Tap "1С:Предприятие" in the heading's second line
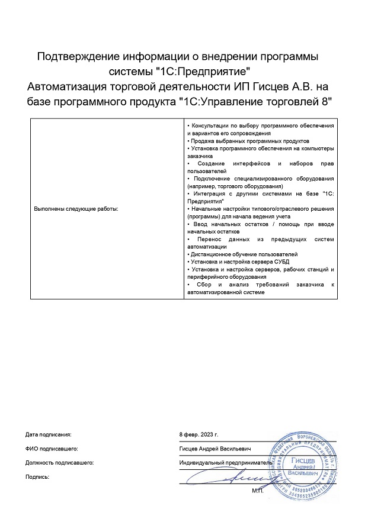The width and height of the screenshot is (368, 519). [200, 72]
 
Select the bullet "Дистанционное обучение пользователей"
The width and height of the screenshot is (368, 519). [242, 254]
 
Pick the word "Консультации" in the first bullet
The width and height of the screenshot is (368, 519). [210, 127]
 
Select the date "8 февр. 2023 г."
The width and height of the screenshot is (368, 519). [199, 434]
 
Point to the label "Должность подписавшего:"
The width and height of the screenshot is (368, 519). [59, 462]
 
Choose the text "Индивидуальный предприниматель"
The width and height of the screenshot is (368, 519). [226, 462]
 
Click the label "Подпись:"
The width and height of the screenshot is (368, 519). [37, 476]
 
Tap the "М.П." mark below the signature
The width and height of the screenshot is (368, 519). [257, 491]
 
